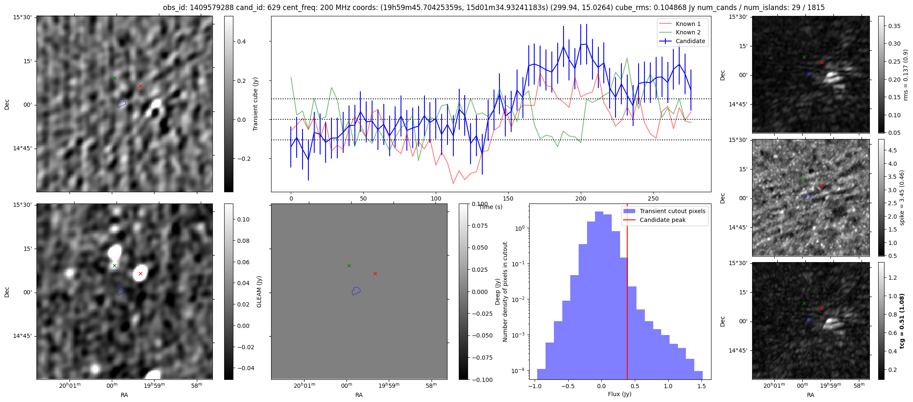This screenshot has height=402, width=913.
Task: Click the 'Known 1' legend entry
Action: coord(688,24)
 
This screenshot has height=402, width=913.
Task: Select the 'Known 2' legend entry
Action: coord(688,32)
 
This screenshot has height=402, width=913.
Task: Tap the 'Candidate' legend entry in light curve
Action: coord(690,41)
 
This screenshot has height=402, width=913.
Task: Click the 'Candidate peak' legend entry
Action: coord(662,220)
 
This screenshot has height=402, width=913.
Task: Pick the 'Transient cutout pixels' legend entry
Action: coord(672,211)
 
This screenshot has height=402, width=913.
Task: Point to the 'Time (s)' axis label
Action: coord(490,207)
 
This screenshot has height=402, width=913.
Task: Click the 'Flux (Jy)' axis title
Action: coord(619,394)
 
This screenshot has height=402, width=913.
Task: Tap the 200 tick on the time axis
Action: coord(581,198)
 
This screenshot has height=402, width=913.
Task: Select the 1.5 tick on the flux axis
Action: coord(701,386)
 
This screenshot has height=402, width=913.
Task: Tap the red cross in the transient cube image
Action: coord(140,86)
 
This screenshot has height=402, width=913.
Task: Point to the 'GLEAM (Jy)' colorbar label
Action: coord(259,292)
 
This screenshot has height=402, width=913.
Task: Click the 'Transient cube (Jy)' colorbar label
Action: coord(255,104)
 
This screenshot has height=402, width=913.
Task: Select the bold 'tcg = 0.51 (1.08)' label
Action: coord(902,321)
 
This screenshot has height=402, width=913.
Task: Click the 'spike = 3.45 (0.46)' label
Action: coord(902,198)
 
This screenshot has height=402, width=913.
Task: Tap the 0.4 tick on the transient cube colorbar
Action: coord(241,41)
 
